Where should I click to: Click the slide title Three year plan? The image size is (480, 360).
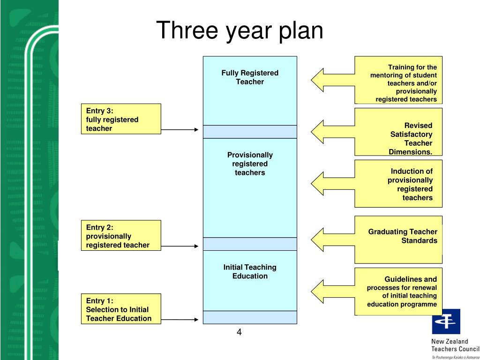(240, 31)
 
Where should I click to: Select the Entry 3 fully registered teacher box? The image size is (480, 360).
(120, 119)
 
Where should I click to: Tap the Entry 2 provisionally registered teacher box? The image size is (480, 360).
(120, 235)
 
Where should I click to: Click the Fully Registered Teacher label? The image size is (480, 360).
(250, 77)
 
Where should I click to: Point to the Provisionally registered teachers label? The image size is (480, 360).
(250, 164)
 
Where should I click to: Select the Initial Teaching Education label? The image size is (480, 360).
(250, 271)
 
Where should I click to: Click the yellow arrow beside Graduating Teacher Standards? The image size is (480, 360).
(328, 239)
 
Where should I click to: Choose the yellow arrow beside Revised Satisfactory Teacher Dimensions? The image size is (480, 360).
(328, 132)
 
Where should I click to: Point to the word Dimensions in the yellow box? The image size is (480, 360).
(410, 152)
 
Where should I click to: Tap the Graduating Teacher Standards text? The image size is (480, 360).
(403, 236)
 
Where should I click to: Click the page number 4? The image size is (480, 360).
(239, 333)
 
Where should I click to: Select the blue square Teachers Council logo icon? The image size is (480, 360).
(446, 321)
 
